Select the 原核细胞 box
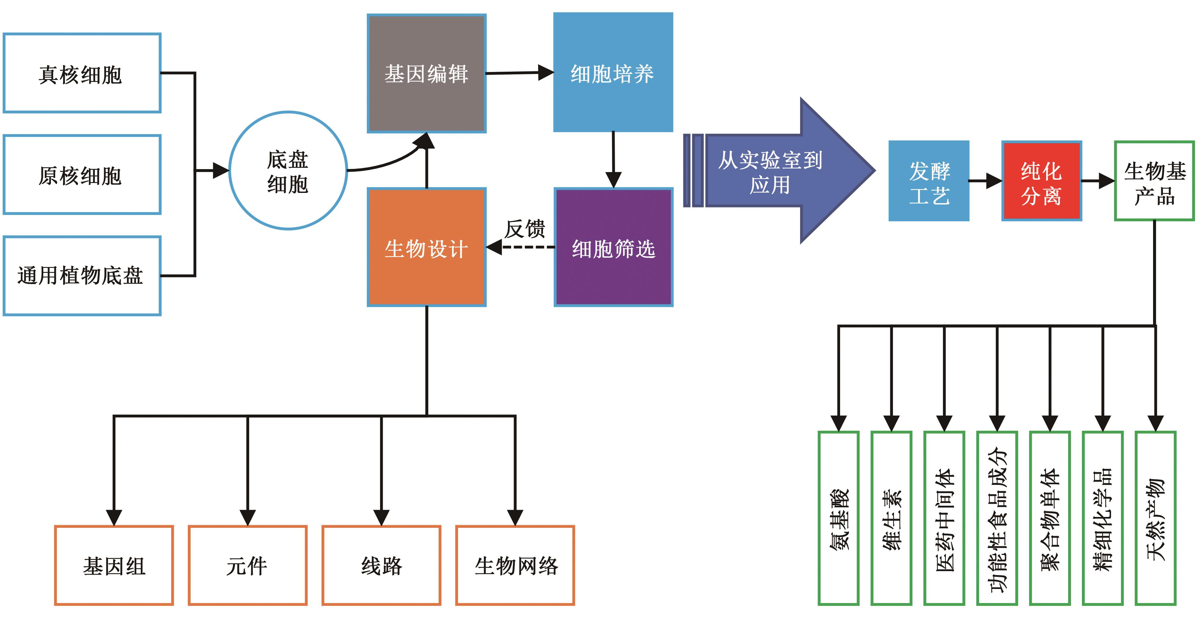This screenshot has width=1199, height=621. click(x=82, y=175)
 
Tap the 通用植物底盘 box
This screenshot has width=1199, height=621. click(x=82, y=276)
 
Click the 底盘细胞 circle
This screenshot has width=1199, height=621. click(x=288, y=171)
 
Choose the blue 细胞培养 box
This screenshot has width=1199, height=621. click(x=612, y=73)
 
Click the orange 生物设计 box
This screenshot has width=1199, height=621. click(x=426, y=247)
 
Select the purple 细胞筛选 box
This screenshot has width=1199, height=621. click(x=613, y=247)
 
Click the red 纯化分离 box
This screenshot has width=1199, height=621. click(x=1041, y=181)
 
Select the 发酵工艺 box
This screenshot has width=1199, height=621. click(x=929, y=181)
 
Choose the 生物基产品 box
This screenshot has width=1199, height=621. click(x=1154, y=181)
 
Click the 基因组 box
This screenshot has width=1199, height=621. click(x=114, y=566)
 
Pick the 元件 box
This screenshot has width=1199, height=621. click(x=247, y=566)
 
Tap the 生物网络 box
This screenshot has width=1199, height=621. click(x=515, y=566)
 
